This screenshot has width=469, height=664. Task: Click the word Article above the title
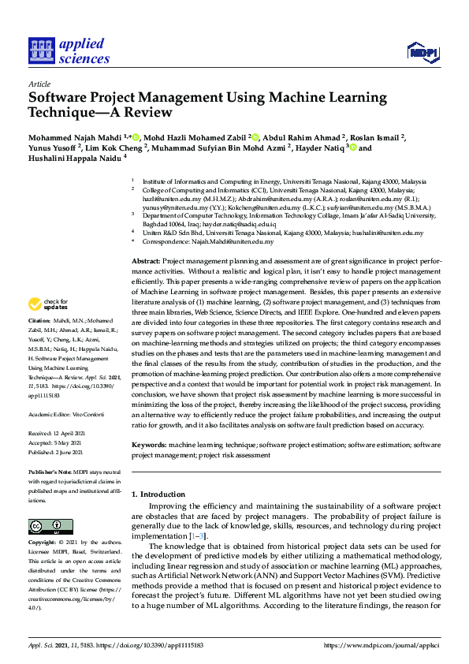click(39, 84)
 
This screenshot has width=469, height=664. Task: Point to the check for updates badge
click(48, 304)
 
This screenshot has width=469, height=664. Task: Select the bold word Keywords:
click(149, 446)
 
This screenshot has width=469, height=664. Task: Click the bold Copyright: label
click(43, 543)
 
